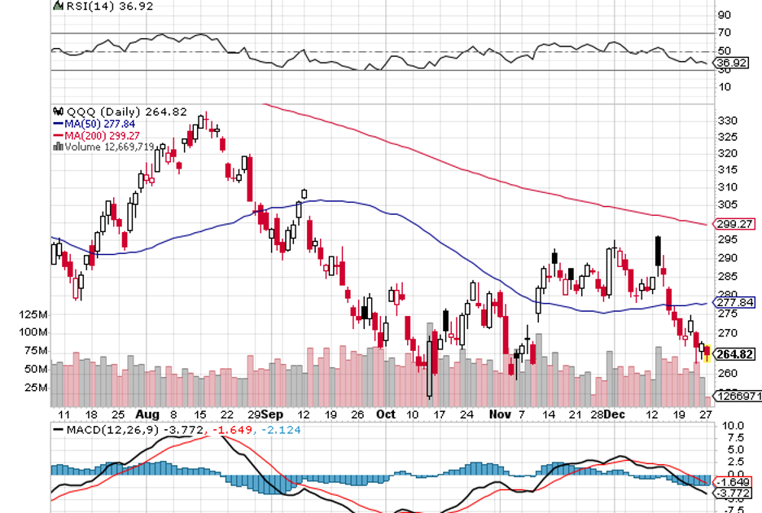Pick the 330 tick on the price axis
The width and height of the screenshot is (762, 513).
(728, 120)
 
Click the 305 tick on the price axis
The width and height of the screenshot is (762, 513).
(728, 204)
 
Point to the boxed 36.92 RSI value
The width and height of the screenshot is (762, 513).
(729, 62)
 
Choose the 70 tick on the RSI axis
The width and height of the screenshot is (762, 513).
(724, 33)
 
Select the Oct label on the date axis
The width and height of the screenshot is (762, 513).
(386, 414)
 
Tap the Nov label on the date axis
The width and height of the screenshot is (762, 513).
(499, 414)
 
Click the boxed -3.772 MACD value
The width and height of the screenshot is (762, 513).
(733, 493)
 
